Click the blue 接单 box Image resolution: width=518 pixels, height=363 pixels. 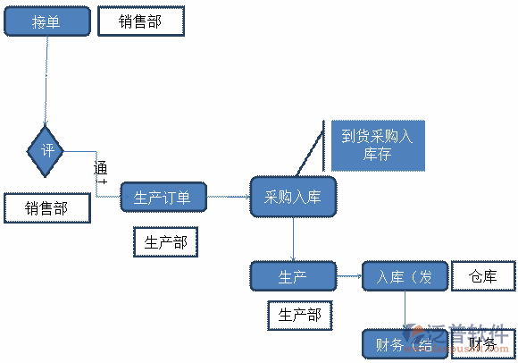[x=46, y=21]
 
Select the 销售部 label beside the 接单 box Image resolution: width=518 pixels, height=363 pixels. [x=140, y=21]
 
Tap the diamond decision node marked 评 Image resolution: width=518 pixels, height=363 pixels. [x=47, y=150]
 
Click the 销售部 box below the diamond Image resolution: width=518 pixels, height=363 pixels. [x=47, y=208]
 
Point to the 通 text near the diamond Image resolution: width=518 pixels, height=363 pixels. [x=101, y=168]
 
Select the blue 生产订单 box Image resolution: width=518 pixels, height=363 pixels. [x=163, y=198]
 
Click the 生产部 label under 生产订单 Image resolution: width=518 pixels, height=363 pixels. [x=165, y=241]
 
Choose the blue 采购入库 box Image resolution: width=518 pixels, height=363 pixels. [x=293, y=198]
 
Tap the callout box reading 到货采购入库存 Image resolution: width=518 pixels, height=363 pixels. [x=377, y=145]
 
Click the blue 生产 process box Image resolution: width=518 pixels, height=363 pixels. [x=293, y=277]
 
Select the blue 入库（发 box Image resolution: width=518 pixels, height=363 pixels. [x=404, y=277]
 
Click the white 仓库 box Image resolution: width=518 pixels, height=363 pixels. [x=483, y=277]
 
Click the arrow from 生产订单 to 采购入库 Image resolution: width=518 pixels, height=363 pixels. [x=229, y=198]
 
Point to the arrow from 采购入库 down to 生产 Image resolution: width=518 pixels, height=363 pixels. [x=293, y=239]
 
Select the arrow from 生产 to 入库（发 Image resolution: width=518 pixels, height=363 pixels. [x=349, y=277]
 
